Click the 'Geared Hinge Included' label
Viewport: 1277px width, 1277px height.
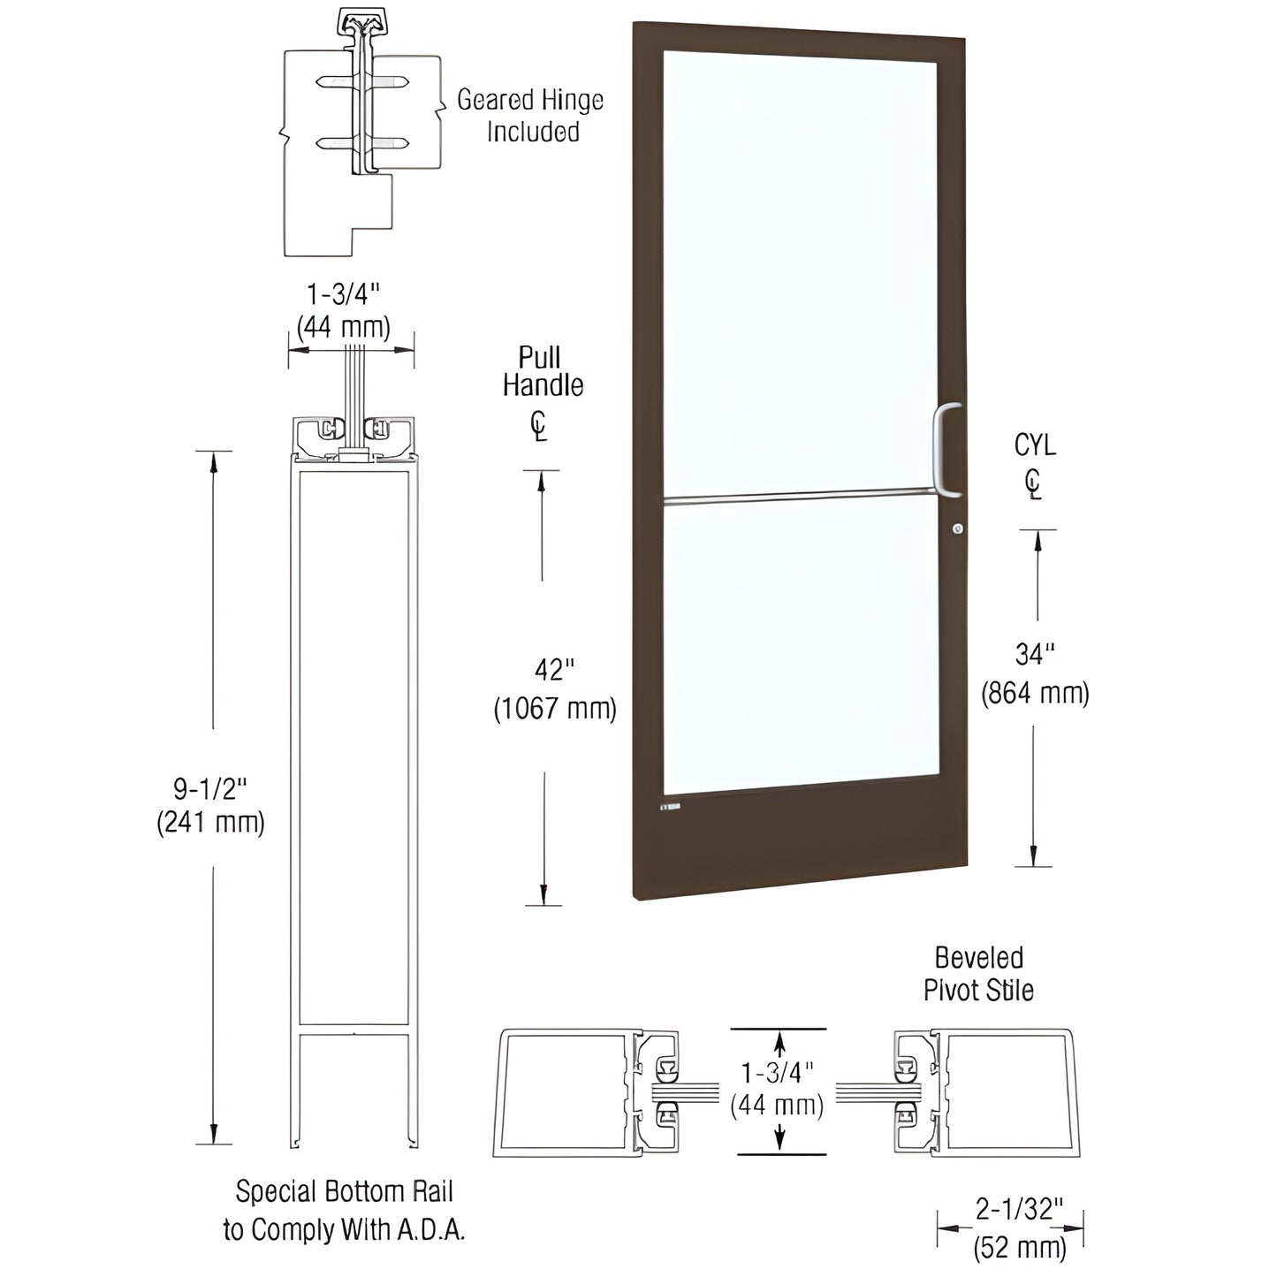530,116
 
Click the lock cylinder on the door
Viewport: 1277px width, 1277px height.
957,528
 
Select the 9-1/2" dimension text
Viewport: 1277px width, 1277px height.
210,787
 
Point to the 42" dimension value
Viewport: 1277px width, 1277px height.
554,671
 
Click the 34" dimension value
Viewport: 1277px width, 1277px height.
1034,655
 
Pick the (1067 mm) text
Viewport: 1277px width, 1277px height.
554,709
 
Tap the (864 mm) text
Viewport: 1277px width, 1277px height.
1035,694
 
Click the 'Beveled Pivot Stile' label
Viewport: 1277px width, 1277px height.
978,974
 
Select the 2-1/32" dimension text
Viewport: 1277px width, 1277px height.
1019,1209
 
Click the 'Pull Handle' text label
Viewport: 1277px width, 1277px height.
543,371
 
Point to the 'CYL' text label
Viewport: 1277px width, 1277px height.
1035,445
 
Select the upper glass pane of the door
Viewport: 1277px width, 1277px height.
800,274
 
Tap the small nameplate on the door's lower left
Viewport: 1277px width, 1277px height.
670,807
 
